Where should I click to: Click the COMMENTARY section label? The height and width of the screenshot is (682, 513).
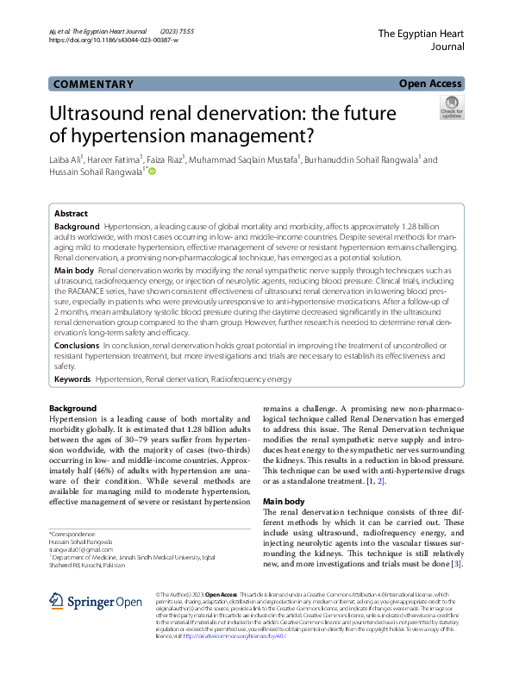(x=93, y=84)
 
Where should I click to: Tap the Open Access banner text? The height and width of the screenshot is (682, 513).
(x=431, y=84)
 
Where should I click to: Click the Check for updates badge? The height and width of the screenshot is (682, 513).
(x=451, y=108)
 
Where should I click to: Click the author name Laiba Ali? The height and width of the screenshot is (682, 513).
(x=66, y=160)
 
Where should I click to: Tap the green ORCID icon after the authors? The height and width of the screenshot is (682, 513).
(x=152, y=172)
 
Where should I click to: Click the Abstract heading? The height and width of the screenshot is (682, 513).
(x=71, y=214)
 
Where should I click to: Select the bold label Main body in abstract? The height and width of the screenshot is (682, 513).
(x=74, y=271)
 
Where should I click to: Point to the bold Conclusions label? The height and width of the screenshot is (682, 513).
(x=77, y=345)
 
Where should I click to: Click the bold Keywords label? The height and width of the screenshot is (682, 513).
(x=72, y=379)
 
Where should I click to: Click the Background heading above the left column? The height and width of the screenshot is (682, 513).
(x=72, y=408)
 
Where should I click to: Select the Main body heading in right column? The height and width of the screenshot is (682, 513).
(x=285, y=501)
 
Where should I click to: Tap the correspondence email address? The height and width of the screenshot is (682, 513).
(x=81, y=549)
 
